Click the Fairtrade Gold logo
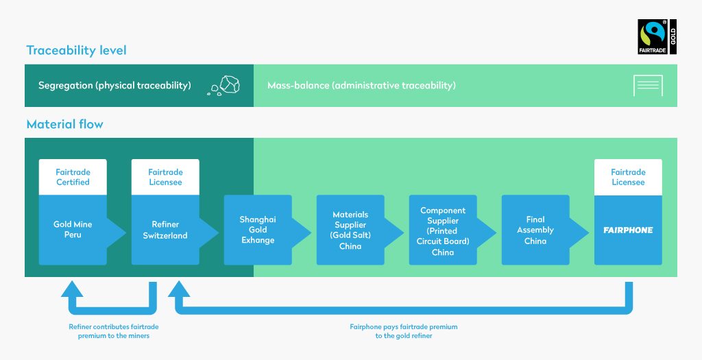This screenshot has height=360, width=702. pyautogui.click(x=657, y=37)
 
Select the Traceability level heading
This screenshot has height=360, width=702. pyautogui.click(x=76, y=50)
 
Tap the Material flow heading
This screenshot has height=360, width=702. pyautogui.click(x=64, y=124)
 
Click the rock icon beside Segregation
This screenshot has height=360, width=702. pyautogui.click(x=223, y=85)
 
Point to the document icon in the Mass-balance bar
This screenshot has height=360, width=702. pyautogui.click(x=648, y=86)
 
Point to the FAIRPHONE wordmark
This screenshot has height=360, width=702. pyautogui.click(x=628, y=230)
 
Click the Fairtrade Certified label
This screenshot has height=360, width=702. pyautogui.click(x=73, y=177)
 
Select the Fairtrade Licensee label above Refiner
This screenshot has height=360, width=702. pyautogui.click(x=165, y=177)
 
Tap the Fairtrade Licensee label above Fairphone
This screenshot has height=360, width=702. pyautogui.click(x=628, y=177)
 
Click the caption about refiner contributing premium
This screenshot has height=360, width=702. pyautogui.click(x=114, y=331)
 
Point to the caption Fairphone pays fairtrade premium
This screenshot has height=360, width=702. pyautogui.click(x=404, y=331)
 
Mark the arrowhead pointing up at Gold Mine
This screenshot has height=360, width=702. pyautogui.click(x=72, y=289)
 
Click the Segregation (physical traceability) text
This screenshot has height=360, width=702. pyautogui.click(x=114, y=86)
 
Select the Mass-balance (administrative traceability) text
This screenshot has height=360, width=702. pyautogui.click(x=361, y=86)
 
